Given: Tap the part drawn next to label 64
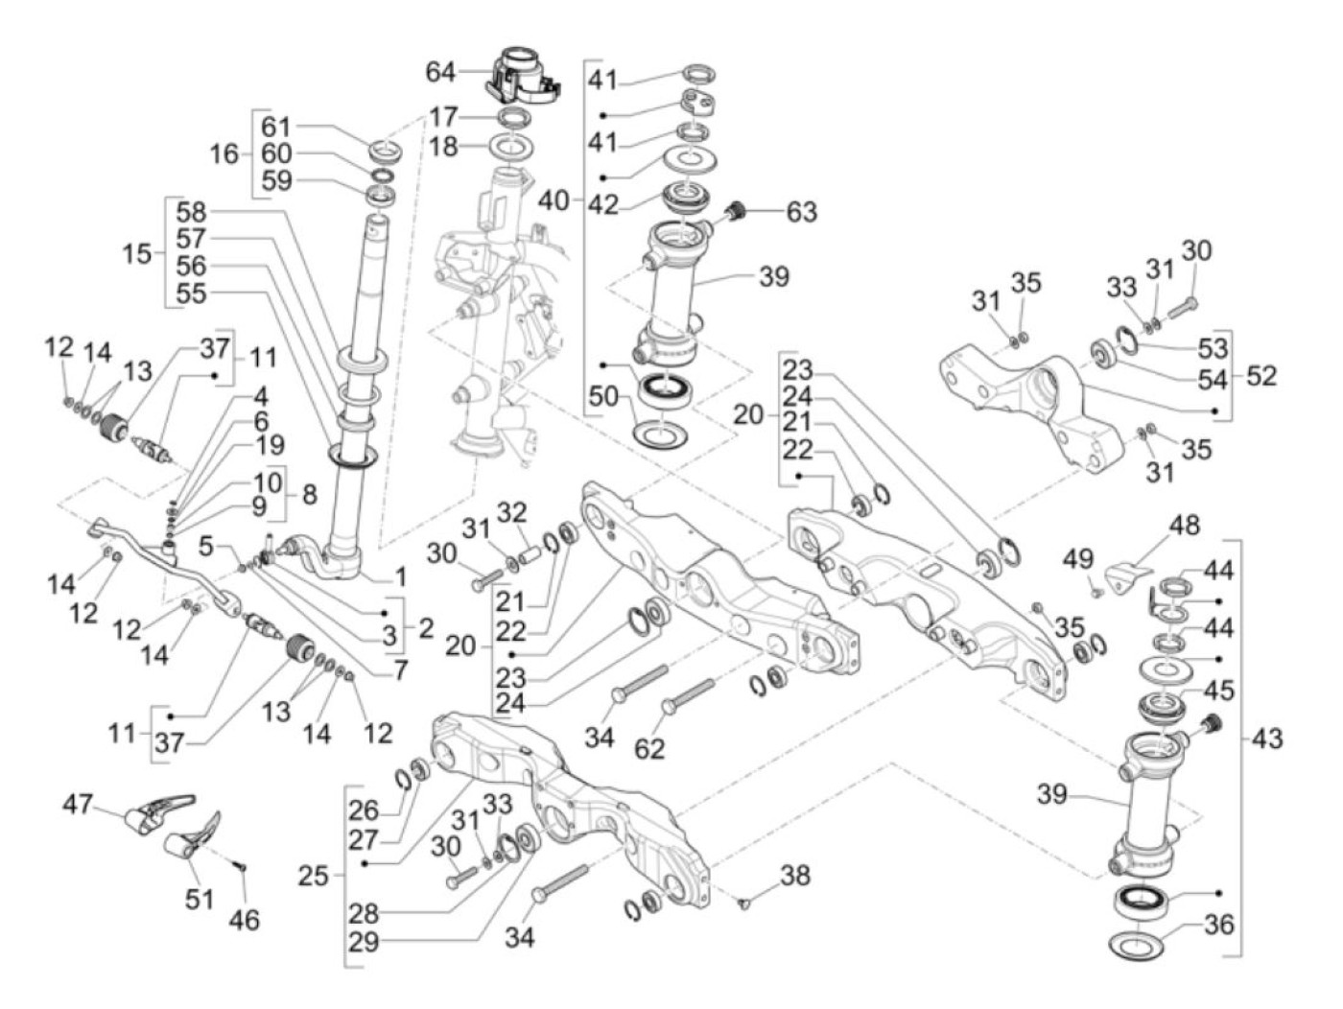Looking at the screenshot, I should point(522,73).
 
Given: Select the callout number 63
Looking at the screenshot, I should point(801,211).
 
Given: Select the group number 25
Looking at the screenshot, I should point(313,876).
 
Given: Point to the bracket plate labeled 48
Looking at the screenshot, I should point(1129,576).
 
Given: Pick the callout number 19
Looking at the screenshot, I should point(270,445).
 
